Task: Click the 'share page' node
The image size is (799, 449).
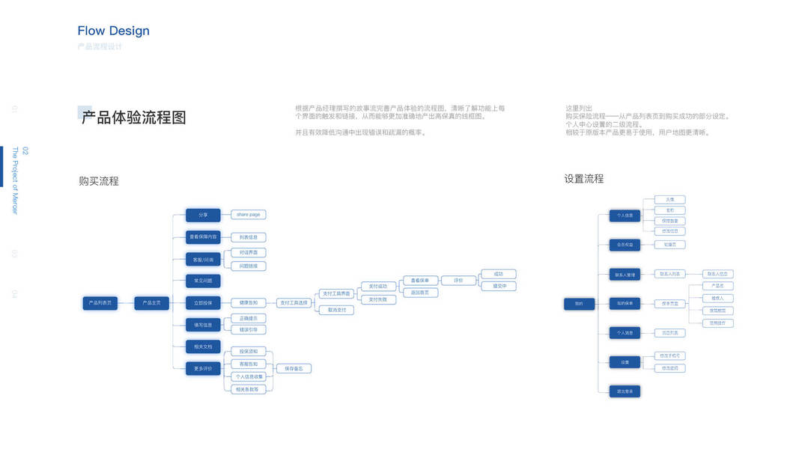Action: pos(248,215)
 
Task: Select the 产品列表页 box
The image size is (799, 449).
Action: pos(100,303)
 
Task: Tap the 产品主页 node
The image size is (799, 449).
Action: pos(151,303)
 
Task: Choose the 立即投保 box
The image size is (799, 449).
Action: pos(203,303)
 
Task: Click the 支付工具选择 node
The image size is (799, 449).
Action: pos(293,303)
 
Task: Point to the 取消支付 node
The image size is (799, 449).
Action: pos(336,310)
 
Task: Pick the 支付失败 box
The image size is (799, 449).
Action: pos(378,299)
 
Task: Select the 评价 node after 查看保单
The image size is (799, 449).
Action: pos(458,281)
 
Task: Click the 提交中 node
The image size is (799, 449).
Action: pos(499,286)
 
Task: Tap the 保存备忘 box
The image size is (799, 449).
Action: pos(294,368)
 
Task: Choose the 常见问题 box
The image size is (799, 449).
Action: pos(203,281)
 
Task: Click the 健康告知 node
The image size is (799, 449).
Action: pos(248,303)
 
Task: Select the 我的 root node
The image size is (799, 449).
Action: pos(579,304)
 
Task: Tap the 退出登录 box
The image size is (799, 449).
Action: pos(624,391)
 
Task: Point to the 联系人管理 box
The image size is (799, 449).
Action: pos(624,275)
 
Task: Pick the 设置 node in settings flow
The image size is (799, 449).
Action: pos(624,362)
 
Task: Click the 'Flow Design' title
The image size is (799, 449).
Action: pos(113,31)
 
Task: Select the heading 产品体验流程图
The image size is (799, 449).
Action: pos(133,117)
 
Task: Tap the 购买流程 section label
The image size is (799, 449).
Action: pos(99,181)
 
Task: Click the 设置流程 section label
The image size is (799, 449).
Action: pos(583,179)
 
